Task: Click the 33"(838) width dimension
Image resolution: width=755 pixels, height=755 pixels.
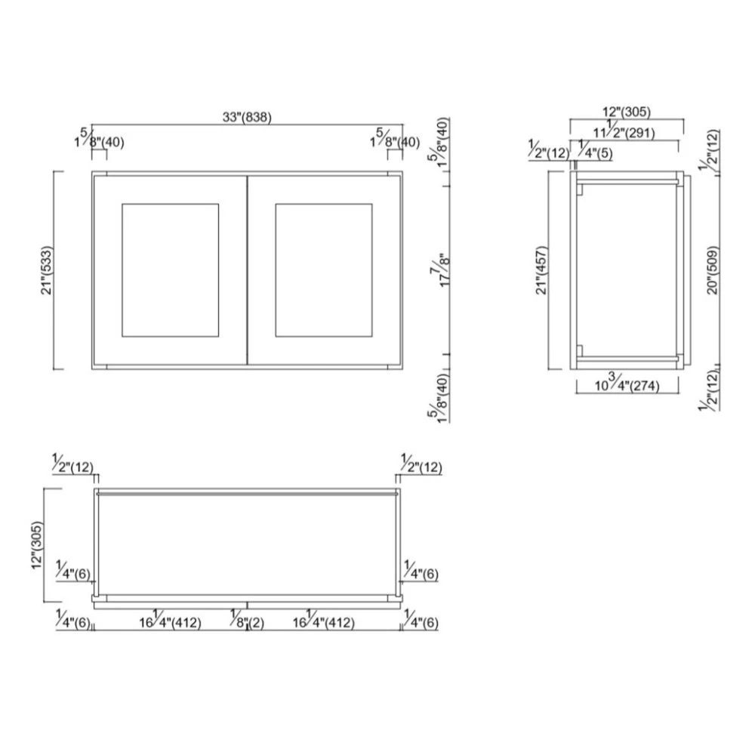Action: point(247,117)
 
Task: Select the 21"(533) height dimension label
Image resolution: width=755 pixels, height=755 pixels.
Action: point(47,270)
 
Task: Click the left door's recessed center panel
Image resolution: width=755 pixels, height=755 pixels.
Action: point(170,270)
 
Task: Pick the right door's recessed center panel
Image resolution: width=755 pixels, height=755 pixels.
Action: point(324,270)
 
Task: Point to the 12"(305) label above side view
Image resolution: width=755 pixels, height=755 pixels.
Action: point(627,112)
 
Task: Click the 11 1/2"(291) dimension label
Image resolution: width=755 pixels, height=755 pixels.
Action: point(624,131)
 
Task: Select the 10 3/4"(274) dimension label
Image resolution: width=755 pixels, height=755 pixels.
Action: point(627,384)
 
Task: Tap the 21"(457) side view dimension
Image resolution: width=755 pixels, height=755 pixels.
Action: point(541,270)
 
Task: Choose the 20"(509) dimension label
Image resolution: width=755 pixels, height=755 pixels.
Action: point(713,270)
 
